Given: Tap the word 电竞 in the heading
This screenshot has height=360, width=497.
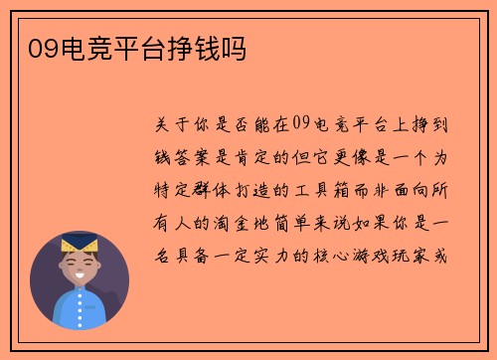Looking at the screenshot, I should tap(77, 47).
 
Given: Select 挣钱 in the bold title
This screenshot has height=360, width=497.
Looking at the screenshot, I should tap(194, 47).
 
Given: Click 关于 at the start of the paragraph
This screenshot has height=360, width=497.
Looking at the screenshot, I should tap(168, 126).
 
